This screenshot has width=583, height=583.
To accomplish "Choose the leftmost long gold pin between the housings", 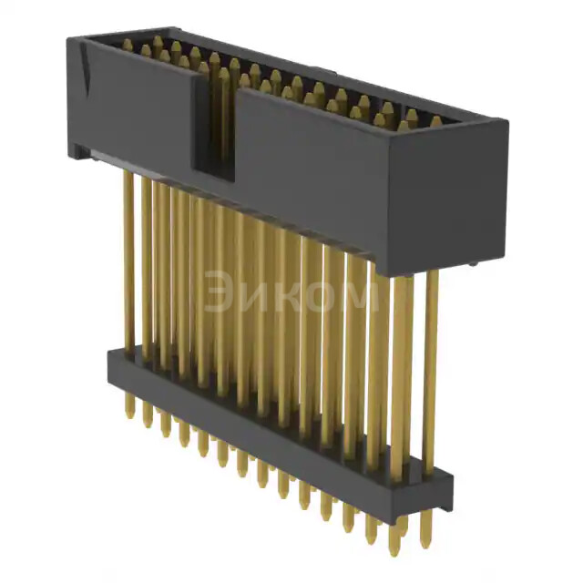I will tap(128, 264).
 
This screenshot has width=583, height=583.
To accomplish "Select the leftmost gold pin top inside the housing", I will tap(127, 44).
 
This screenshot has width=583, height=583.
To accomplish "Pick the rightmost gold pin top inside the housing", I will tap(435, 121).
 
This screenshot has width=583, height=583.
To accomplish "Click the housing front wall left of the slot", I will tap(137, 105).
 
